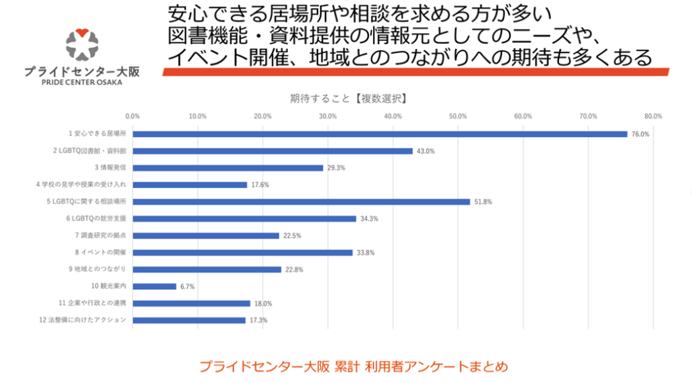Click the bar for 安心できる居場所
pyautogui.click(x=380, y=134)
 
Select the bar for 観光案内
pyautogui.click(x=154, y=286)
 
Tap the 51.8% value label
pyautogui.click(x=483, y=202)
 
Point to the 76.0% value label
pyautogui.click(x=640, y=134)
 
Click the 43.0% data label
pyautogui.click(x=426, y=151)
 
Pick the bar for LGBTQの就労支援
pyautogui.click(x=244, y=218)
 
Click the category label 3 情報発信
pyautogui.click(x=110, y=167)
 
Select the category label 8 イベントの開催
pyautogui.click(x=101, y=252)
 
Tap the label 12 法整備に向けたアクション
pyautogui.click(x=83, y=320)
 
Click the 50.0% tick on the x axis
pyautogui.click(x=458, y=116)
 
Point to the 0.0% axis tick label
pyautogui.click(x=133, y=116)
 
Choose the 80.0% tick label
pyautogui.click(x=653, y=116)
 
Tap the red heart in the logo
pyautogui.click(x=82, y=31)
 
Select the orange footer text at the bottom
pyautogui.click(x=353, y=367)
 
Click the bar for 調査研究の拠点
pyautogui.click(x=206, y=235)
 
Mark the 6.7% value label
pyautogui.click(x=187, y=286)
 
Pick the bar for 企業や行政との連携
pyautogui.click(x=191, y=303)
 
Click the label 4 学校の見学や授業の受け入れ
pyautogui.click(x=81, y=184)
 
